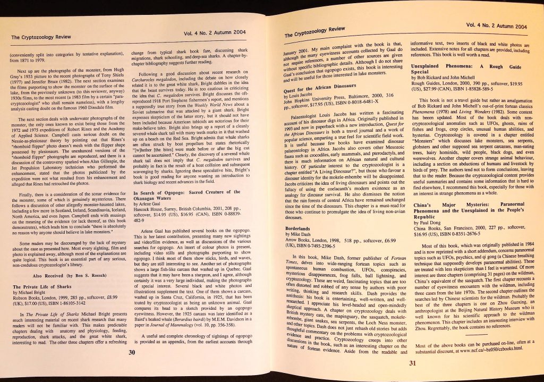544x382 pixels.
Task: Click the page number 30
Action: coord(133,351)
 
